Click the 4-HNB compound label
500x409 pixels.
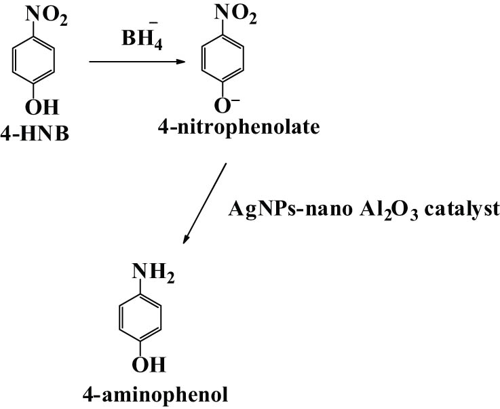point(35,134)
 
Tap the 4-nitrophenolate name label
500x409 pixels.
point(239,128)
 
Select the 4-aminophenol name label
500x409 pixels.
point(155,395)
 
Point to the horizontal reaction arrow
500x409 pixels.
point(137,62)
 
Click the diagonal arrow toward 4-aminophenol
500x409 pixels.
point(204,203)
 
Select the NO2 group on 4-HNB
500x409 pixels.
point(47,16)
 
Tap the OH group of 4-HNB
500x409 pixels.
point(42,107)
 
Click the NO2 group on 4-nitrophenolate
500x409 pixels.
point(235,14)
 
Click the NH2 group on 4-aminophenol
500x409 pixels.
point(153,273)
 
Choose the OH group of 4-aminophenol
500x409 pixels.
point(149,365)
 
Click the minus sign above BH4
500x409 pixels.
point(153,22)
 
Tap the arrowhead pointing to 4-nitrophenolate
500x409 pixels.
point(181,62)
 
